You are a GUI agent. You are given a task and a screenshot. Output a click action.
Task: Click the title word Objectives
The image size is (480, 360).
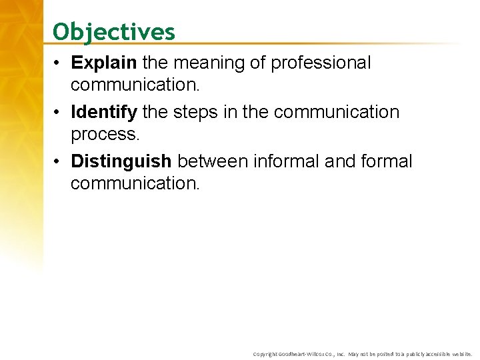114,31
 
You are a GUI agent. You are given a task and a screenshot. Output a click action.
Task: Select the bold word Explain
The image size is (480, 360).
103,63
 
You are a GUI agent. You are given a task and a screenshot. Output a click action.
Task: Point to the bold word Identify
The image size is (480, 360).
104,112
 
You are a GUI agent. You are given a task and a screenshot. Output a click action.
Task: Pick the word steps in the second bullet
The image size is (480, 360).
197,112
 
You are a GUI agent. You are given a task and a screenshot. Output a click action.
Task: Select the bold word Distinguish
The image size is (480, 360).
121,161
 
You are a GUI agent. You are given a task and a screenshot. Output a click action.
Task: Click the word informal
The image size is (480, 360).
297,161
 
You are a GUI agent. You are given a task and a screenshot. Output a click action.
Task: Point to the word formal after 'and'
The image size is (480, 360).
387,161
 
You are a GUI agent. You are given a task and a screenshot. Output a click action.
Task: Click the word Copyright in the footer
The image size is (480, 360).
265,354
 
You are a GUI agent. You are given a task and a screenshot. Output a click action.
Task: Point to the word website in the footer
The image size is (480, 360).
460,354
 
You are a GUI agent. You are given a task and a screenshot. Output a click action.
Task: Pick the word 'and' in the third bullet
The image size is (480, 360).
346,161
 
